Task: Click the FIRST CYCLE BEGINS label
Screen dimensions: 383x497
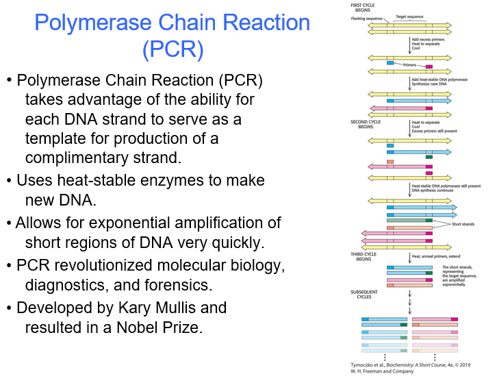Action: [x=360, y=8]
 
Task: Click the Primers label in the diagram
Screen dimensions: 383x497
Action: [x=410, y=65]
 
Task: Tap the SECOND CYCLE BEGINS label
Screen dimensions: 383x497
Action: [x=364, y=125]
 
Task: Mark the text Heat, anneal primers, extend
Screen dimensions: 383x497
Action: [x=435, y=256]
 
